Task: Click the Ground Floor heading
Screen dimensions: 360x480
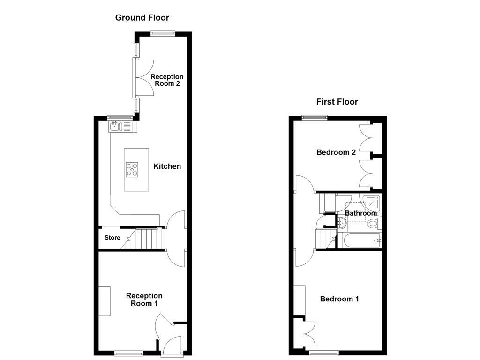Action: pyautogui.click(x=142, y=18)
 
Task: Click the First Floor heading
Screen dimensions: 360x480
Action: pyautogui.click(x=337, y=102)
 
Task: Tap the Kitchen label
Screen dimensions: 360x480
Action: pyautogui.click(x=167, y=166)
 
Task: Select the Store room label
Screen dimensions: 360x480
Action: pyautogui.click(x=112, y=238)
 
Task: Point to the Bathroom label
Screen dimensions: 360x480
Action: pyautogui.click(x=361, y=213)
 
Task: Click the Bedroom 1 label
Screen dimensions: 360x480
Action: pyautogui.click(x=339, y=299)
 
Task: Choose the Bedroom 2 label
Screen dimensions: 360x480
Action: pyautogui.click(x=336, y=152)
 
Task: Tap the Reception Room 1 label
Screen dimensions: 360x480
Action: pyautogui.click(x=144, y=300)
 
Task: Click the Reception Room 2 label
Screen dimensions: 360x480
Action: pyautogui.click(x=167, y=80)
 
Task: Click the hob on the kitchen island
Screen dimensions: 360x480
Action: pyautogui.click(x=132, y=169)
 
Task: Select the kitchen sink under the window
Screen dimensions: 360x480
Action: pyautogui.click(x=115, y=126)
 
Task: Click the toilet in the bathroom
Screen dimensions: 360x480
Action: pyautogui.click(x=374, y=224)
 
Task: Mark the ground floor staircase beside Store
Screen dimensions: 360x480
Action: pyautogui.click(x=148, y=239)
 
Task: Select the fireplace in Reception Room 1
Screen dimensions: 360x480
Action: pyautogui.click(x=104, y=301)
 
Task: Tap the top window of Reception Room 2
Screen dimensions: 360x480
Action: pyautogui.click(x=163, y=33)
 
